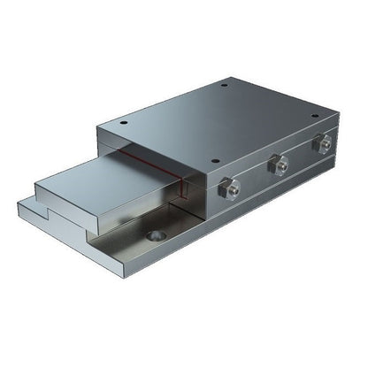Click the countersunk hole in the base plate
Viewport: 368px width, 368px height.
click(x=157, y=236)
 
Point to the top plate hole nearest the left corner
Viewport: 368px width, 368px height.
click(x=123, y=123)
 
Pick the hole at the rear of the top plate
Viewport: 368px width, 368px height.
click(x=225, y=86)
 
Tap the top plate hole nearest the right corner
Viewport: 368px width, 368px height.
click(x=314, y=114)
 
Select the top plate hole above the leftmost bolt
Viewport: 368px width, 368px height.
click(x=217, y=159)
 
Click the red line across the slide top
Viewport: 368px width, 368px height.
click(x=146, y=166)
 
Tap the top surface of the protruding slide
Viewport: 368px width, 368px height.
click(x=106, y=177)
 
